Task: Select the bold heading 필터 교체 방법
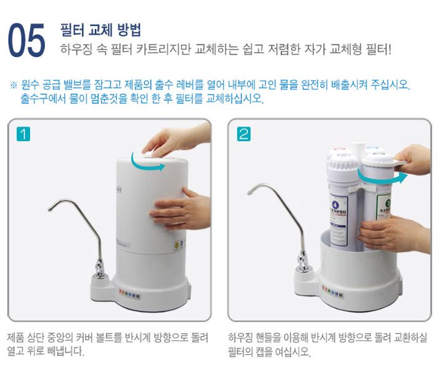click(x=100, y=29)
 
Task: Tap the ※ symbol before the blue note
click(x=13, y=85)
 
